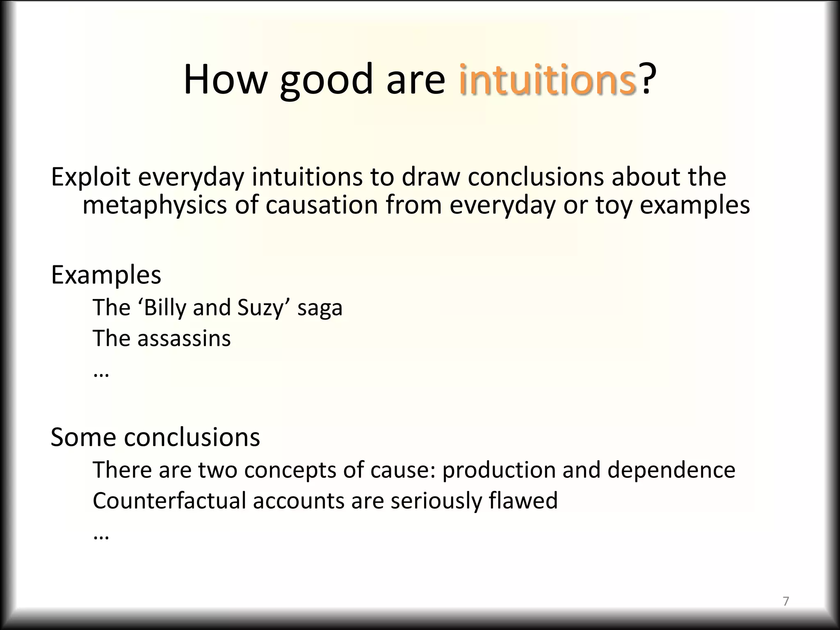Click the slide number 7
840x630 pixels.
786,601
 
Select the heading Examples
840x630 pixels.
106,275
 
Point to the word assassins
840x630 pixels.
184,339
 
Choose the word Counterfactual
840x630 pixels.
169,501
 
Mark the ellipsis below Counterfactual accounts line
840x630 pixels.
101,536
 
